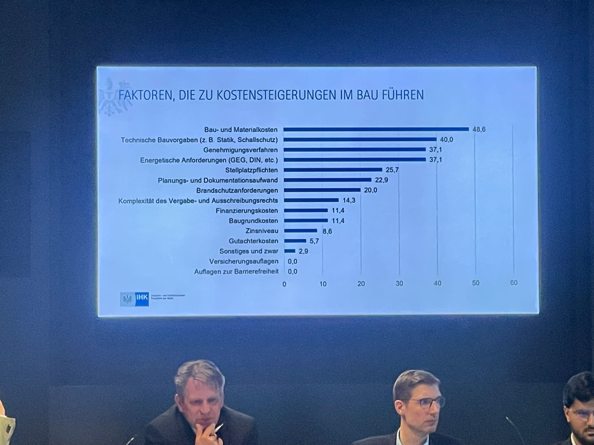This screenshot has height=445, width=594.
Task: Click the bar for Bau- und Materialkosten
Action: click(376, 129)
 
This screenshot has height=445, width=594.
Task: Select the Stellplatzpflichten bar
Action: click(333, 170)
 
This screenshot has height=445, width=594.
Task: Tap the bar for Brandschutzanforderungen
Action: click(322, 190)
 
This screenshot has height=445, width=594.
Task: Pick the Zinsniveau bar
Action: click(300, 231)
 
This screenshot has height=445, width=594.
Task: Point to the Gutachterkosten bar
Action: click(295, 241)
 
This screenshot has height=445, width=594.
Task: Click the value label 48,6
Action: click(479, 130)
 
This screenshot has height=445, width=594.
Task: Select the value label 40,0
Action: click(446, 140)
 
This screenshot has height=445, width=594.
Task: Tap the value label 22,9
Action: click(381, 180)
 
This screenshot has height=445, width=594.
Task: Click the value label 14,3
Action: click(349, 200)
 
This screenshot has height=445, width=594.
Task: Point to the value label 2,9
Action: click(303, 251)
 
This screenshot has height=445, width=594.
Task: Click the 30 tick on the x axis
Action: click(399, 283)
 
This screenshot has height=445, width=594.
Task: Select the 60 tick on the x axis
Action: click(514, 283)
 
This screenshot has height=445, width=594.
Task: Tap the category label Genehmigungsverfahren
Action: click(240, 150)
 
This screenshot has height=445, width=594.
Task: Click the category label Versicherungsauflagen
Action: click(244, 262)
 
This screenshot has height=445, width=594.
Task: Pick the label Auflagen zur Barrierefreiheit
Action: click(236, 272)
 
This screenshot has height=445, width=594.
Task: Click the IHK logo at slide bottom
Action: click(135, 300)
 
